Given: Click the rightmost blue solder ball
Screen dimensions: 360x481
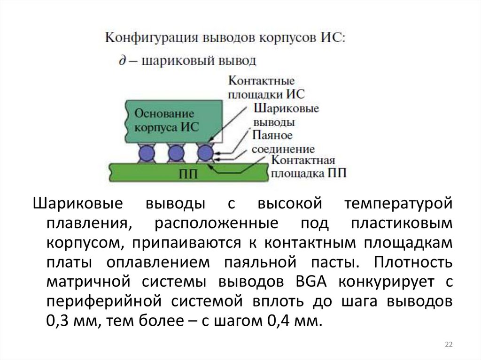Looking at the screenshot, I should (x=204, y=153).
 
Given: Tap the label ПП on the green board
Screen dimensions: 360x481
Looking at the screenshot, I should (x=188, y=175).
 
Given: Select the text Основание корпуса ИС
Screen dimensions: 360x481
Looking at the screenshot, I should (x=164, y=120).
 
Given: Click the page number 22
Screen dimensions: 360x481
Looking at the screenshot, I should (x=449, y=345).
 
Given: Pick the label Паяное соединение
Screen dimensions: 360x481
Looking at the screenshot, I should (x=282, y=142).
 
